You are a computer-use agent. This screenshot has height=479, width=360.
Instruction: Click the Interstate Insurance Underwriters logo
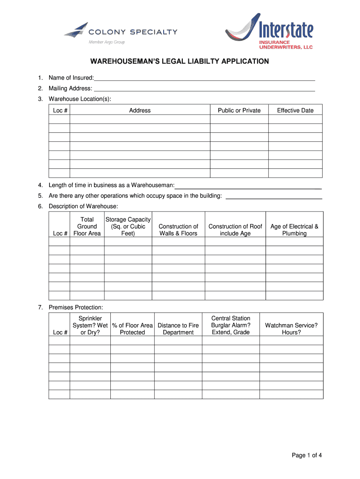point(269,32)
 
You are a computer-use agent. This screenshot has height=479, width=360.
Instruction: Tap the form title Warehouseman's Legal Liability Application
point(180,61)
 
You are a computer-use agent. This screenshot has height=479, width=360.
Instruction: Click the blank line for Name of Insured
point(204,78)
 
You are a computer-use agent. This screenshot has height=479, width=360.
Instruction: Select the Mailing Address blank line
point(204,88)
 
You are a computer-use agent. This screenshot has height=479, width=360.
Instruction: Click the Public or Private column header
point(239,110)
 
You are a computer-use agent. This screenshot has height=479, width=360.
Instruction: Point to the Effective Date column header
point(295,110)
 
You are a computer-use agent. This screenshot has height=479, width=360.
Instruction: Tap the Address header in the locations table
point(140,110)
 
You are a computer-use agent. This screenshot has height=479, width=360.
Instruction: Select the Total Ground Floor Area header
point(87,226)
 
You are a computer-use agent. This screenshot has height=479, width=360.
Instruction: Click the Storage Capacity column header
point(128,226)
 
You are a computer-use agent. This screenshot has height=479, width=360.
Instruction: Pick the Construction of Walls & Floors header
point(178,230)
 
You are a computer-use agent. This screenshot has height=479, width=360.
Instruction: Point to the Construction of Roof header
point(235,230)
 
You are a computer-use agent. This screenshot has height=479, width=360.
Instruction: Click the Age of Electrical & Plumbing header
point(294,230)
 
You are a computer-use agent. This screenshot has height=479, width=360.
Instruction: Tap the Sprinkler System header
point(90,325)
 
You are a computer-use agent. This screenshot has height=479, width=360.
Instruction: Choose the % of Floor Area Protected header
point(132,329)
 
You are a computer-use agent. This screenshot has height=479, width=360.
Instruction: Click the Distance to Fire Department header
point(178,329)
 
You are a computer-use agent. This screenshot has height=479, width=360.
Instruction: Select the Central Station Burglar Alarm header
point(230,325)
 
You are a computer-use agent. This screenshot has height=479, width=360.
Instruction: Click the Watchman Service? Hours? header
point(291,329)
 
